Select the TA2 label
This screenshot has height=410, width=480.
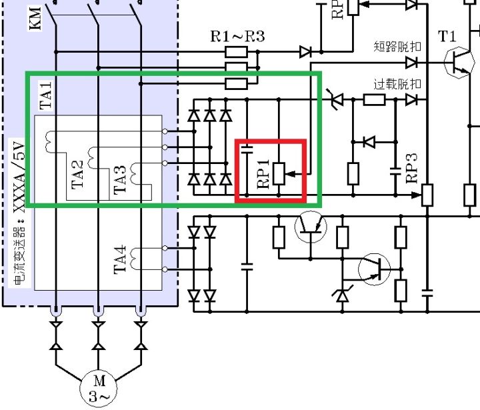click(79, 174)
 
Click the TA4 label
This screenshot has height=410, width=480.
click(120, 259)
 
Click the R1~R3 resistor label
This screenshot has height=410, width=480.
click(237, 36)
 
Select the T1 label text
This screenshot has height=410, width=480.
click(447, 36)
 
